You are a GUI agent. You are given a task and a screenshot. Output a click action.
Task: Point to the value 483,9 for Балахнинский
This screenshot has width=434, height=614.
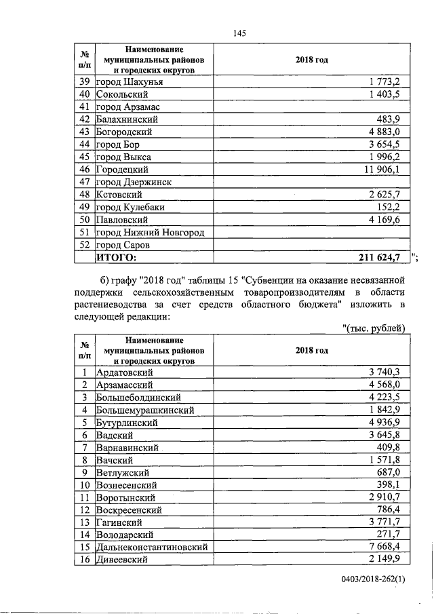(x=392, y=119)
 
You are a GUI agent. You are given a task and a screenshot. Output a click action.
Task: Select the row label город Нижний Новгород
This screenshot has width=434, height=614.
(x=151, y=232)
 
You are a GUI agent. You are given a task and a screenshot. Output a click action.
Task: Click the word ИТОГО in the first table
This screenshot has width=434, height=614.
(x=116, y=257)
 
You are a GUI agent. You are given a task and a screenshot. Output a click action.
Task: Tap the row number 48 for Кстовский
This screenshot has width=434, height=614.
(x=85, y=194)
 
